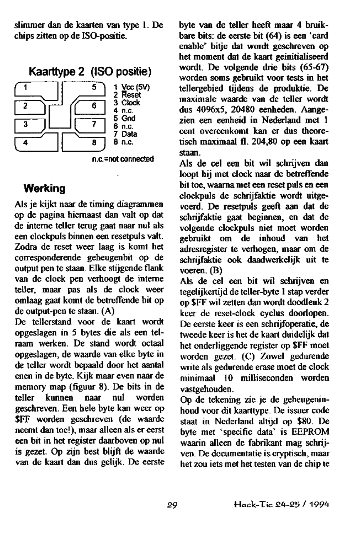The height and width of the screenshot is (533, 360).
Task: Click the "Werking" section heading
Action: (x=42, y=188)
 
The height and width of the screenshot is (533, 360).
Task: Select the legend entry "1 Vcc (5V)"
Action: (x=131, y=87)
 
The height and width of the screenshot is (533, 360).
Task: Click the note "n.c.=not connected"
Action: (x=124, y=159)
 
